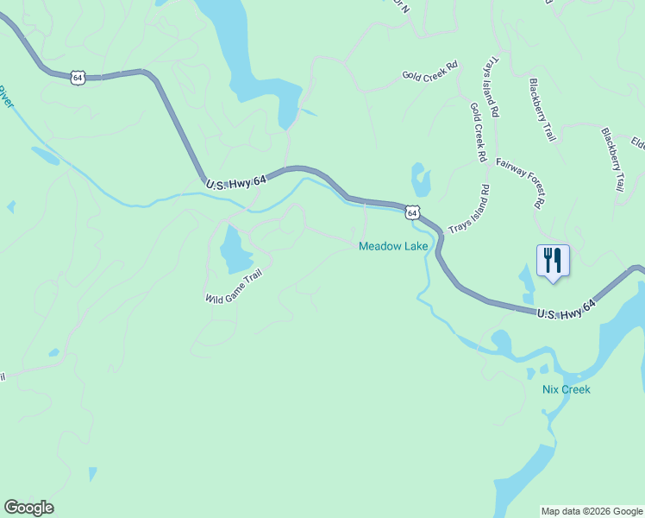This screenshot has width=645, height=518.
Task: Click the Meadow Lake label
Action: pos(393,247)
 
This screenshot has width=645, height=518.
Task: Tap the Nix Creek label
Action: pos(567,389)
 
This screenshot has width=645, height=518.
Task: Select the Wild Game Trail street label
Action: pos(233,286)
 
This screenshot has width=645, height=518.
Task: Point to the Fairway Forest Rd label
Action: pos(523,183)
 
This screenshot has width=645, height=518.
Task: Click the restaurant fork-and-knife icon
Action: pos(553,259)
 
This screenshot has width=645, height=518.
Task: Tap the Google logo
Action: pos(28,508)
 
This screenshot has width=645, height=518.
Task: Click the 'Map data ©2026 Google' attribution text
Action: pos(592,511)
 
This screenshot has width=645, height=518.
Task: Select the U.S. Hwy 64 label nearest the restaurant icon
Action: pos(566,309)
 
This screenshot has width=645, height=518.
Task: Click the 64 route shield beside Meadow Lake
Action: pos(413,212)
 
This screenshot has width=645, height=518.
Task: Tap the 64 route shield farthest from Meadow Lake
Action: pos(78,77)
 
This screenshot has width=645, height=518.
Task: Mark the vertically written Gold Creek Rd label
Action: pos(479,133)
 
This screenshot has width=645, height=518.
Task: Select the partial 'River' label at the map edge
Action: pos(6,97)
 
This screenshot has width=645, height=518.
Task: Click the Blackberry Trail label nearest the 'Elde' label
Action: pos(613,160)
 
